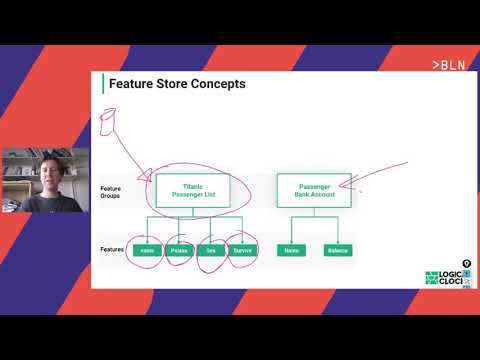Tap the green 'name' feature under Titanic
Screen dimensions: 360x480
(147, 250)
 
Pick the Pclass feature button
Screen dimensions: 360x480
(179, 250)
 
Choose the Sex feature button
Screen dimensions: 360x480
(211, 250)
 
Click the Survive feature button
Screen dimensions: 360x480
(243, 250)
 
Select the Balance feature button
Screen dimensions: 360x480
(337, 250)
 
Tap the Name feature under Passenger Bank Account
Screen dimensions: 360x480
(292, 250)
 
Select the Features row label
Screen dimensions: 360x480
(112, 250)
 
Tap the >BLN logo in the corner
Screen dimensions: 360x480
(448, 64)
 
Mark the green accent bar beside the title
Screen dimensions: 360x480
(103, 84)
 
